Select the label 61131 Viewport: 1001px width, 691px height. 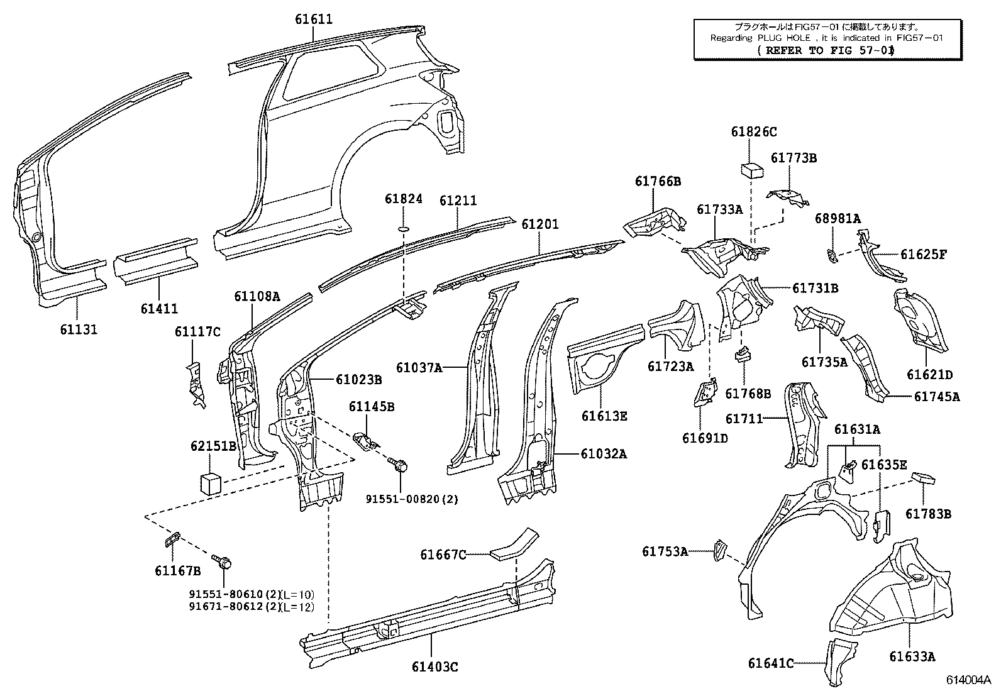coord(78,329)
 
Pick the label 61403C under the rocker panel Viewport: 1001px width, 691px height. coord(434,666)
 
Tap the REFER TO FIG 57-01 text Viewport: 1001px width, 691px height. coord(826,50)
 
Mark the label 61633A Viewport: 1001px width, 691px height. coord(912,656)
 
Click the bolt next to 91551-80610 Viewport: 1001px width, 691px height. coord(222,561)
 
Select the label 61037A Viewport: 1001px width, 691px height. coord(419,367)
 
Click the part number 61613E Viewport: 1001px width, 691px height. coord(604,416)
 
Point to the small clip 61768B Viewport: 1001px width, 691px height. coord(743,354)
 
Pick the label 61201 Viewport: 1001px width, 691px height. coord(539,224)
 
